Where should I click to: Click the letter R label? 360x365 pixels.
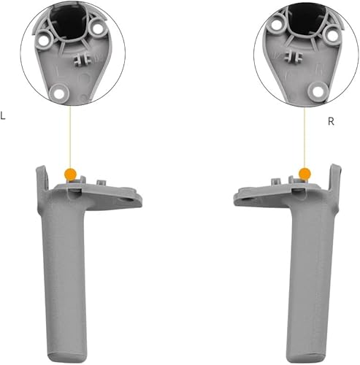(331, 121)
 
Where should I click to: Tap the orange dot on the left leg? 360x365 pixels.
(71, 174)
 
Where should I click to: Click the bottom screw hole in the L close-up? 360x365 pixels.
(60, 91)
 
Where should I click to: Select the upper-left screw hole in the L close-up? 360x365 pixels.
(46, 26)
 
